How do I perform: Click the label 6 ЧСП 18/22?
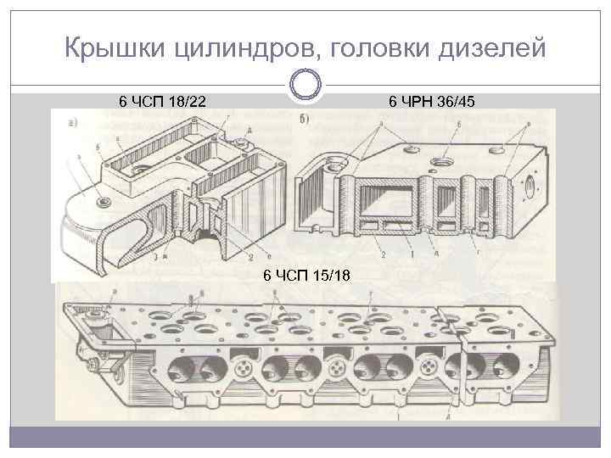tap(162, 102)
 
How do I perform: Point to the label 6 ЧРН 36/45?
tap(433, 102)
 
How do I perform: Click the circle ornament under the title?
tap(305, 86)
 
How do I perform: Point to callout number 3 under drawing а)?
tap(156, 256)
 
